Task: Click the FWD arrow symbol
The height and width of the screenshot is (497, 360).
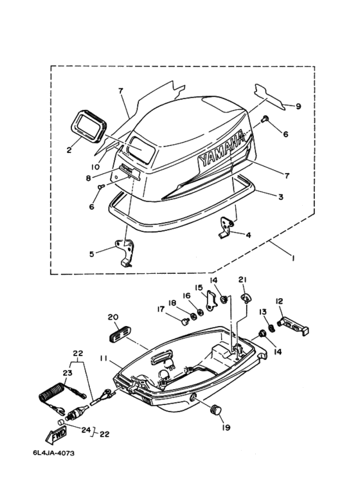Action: [x=57, y=435]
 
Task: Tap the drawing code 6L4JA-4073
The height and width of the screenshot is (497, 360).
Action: [x=53, y=453]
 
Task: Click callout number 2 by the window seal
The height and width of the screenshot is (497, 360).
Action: [x=69, y=150]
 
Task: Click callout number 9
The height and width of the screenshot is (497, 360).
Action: [x=298, y=106]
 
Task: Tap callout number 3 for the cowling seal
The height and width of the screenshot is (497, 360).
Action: [x=280, y=197]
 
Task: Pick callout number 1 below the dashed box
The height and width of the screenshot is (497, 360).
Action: [x=293, y=259]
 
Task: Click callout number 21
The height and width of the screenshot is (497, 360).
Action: [x=243, y=280]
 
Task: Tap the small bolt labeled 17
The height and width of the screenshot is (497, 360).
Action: [x=184, y=322]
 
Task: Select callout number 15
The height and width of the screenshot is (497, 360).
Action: [x=199, y=287]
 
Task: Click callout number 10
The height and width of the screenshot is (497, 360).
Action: [x=96, y=167]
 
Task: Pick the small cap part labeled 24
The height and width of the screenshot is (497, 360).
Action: [x=61, y=422]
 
